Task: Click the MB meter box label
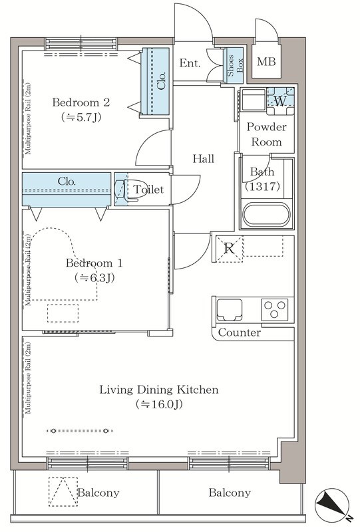tap(266, 62)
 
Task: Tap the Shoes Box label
tap(236, 65)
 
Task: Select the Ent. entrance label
tap(190, 63)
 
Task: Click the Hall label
tap(204, 158)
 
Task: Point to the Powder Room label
tap(267, 134)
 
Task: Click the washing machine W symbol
tap(280, 101)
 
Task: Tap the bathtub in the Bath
tap(267, 214)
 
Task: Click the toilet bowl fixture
tap(126, 190)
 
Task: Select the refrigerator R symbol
tap(230, 249)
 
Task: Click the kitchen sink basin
tap(230, 309)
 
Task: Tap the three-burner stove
tap(275, 309)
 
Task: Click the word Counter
tap(240, 332)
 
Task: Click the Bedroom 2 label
tap(81, 102)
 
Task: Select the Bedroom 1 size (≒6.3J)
tap(94, 278)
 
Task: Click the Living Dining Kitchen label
tap(159, 390)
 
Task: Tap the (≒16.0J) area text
tap(159, 404)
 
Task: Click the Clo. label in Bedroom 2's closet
tap(161, 80)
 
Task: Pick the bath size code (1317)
tap(263, 186)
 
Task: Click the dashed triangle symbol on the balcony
tap(63, 491)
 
